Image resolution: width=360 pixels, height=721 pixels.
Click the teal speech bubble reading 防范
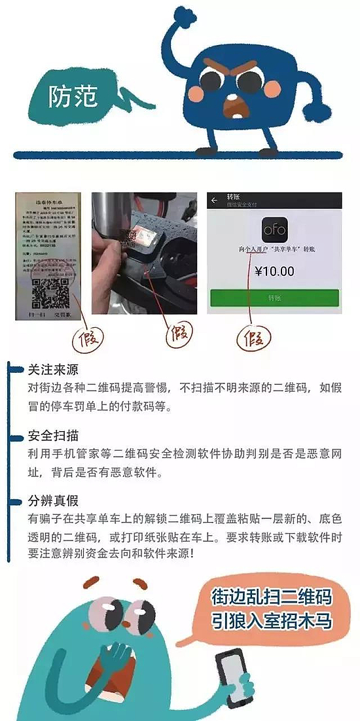(73, 96)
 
